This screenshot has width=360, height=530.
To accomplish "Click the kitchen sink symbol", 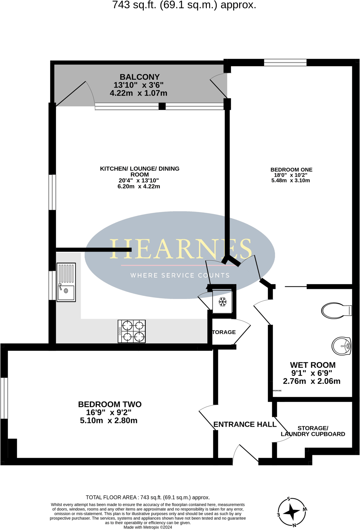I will click(x=66, y=282).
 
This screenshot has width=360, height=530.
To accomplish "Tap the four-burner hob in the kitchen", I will click(x=132, y=331).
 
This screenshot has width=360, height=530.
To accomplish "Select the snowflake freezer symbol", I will click(x=222, y=301).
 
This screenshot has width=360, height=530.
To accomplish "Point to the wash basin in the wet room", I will click(x=341, y=346).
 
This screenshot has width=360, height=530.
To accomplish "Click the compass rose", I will click(x=292, y=512).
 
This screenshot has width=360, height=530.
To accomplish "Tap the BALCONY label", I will click(x=140, y=77).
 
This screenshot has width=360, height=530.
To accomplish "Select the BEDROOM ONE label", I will click(x=291, y=170).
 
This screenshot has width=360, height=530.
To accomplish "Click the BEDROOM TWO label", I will click(x=110, y=404).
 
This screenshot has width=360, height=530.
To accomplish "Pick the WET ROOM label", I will click(x=312, y=365).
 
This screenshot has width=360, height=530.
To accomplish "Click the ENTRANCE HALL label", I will click(x=245, y=424).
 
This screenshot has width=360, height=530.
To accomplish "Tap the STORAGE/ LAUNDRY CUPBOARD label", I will click(x=313, y=431).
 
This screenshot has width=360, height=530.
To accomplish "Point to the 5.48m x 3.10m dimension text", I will click(x=291, y=181).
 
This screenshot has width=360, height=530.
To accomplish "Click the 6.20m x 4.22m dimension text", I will click(x=139, y=186).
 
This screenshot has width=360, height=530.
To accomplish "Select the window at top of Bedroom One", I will click(x=285, y=62).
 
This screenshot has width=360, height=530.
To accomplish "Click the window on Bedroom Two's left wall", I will click(x=4, y=398).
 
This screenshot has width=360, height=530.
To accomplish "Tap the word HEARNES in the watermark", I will click(x=181, y=249).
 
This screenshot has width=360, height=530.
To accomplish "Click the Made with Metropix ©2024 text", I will click(x=148, y=527).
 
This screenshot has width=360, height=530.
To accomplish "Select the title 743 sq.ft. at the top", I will click(x=184, y=5).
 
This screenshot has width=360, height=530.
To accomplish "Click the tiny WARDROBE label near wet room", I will click(x=277, y=391).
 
